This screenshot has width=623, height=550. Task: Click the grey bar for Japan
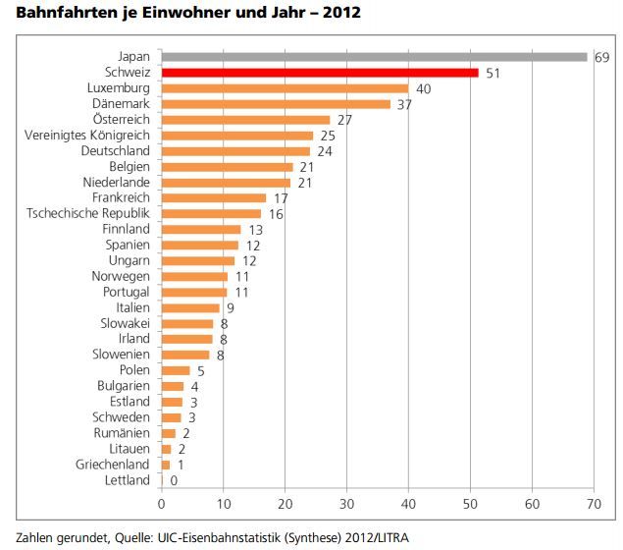[373, 57]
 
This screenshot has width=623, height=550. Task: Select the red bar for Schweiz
[319, 73]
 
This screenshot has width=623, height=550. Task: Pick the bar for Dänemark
[275, 104]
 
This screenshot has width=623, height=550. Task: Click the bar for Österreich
[245, 120]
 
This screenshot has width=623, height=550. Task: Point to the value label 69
[602, 58]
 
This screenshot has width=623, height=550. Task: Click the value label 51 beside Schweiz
[493, 74]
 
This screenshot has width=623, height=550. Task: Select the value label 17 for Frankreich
[282, 198]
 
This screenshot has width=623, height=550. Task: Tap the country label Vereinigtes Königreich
[86, 136]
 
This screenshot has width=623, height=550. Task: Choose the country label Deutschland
[116, 151]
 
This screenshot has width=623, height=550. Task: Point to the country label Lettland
[127, 479]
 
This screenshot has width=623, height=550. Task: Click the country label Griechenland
[113, 464]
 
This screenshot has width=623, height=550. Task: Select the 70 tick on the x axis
[594, 504]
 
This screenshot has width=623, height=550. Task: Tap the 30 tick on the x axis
[346, 504]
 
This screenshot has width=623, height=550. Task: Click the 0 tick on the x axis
[161, 504]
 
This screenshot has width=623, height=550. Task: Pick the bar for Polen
[175, 370]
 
